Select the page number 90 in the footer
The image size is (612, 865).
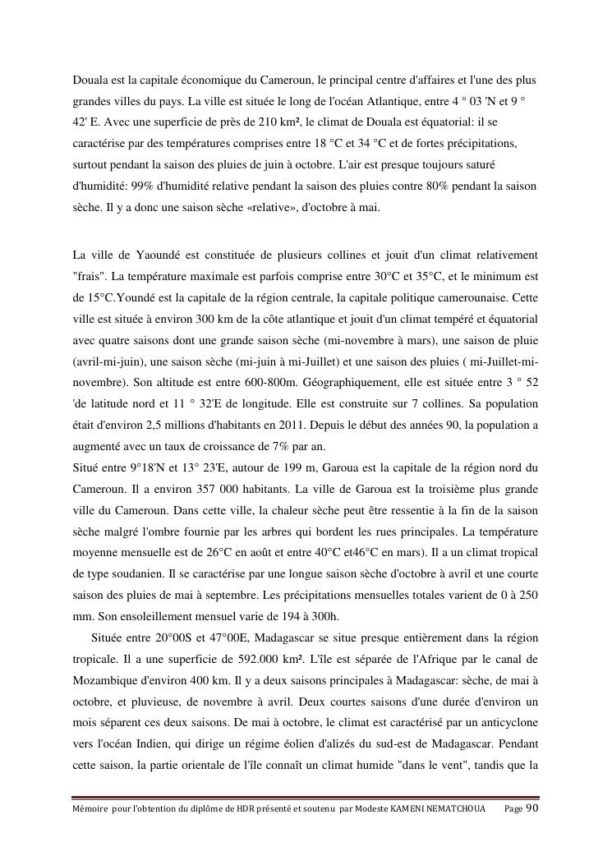tap(531, 809)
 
